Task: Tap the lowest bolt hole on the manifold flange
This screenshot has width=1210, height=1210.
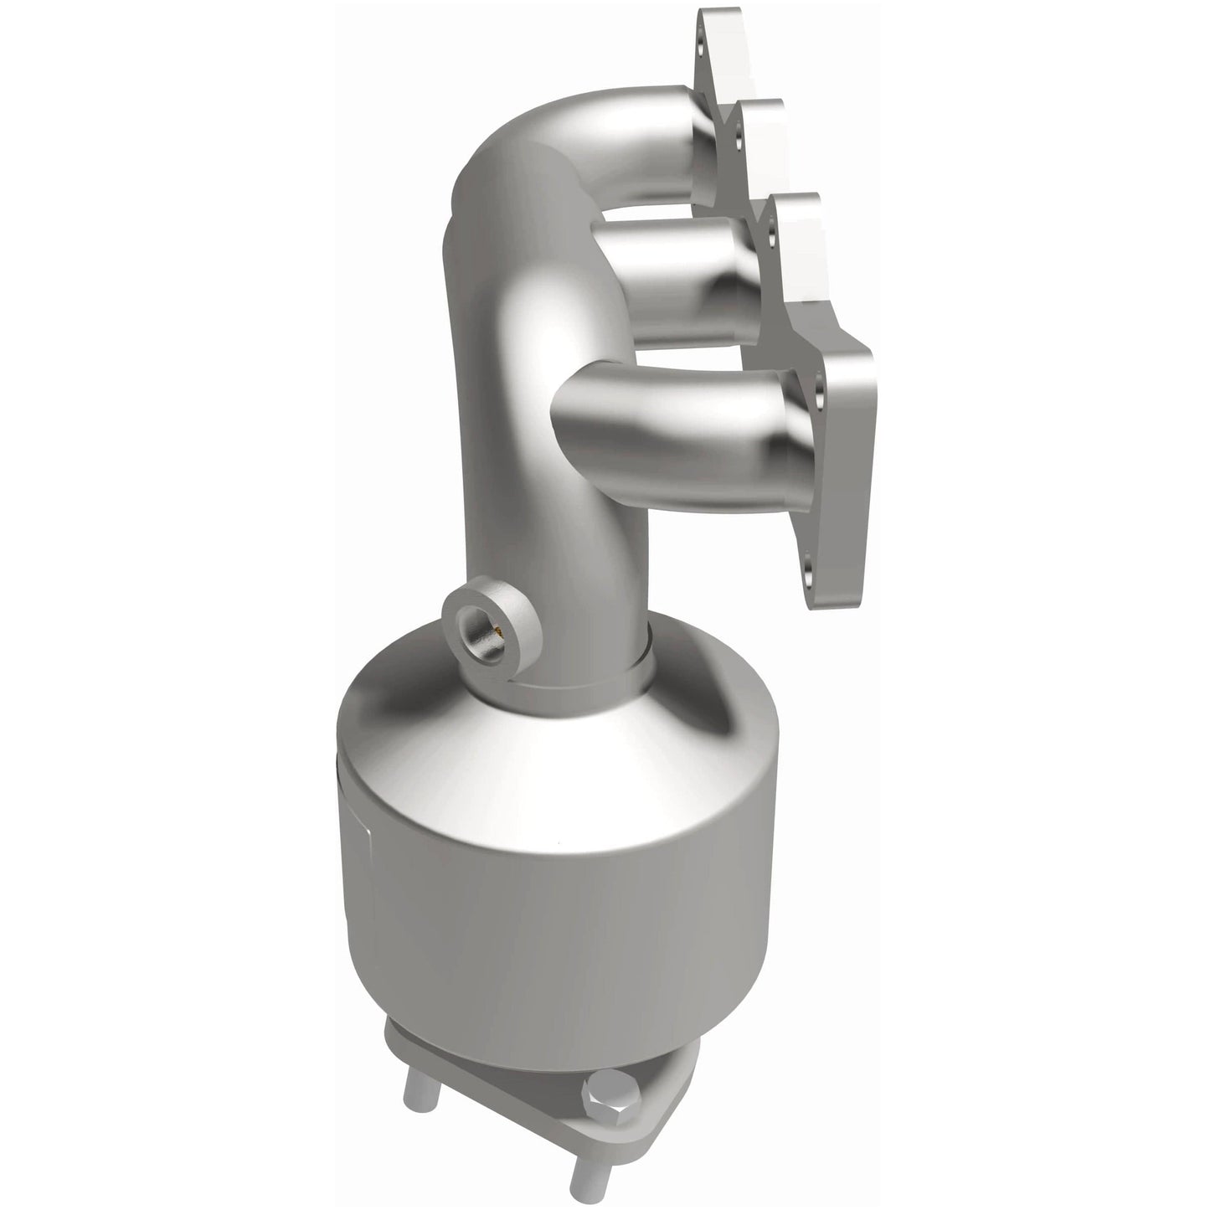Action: point(807,575)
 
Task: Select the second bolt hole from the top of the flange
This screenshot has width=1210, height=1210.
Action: point(739,133)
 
